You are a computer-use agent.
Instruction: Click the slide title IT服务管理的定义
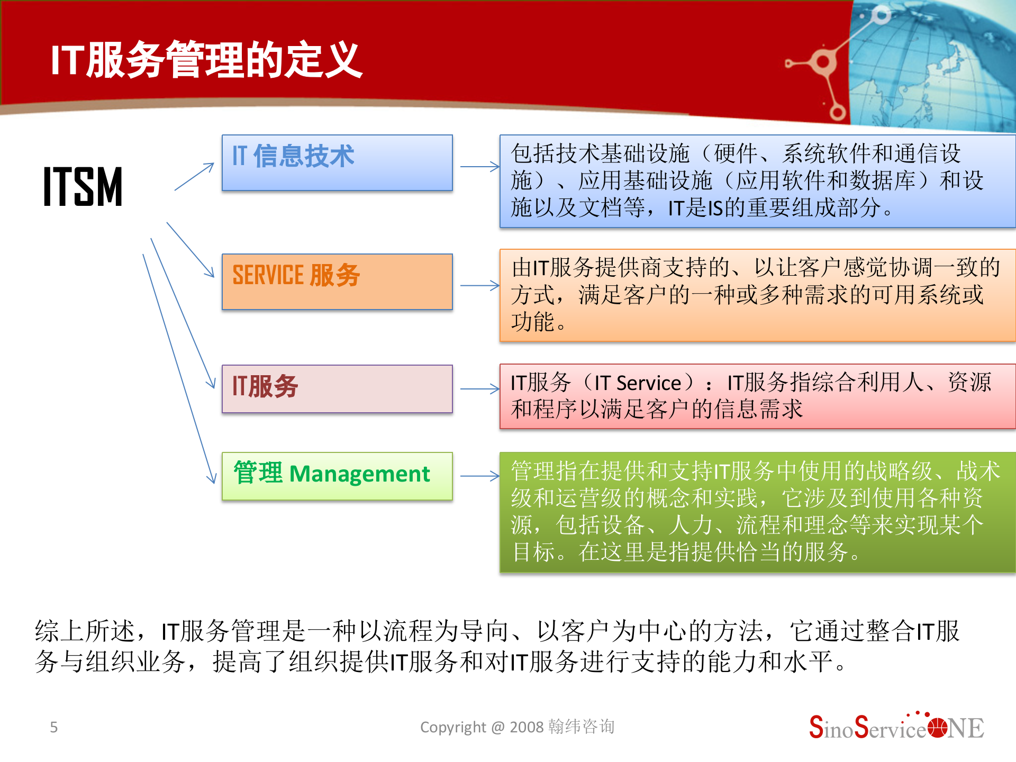coord(206,60)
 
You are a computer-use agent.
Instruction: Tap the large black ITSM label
coord(83,186)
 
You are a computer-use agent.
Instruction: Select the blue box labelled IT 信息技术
coord(337,162)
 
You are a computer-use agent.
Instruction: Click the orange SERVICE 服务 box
coord(337,282)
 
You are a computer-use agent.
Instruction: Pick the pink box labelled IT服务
coord(337,388)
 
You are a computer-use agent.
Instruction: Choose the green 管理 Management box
coord(337,476)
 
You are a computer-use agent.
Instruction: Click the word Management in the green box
coord(360,474)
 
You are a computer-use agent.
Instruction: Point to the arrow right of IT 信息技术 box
coord(479,167)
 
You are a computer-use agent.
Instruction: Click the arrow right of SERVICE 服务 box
coord(479,286)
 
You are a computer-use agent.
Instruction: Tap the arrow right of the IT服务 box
coord(479,389)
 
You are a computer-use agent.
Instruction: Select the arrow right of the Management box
coord(479,476)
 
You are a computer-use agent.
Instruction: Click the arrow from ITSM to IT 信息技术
coord(194,176)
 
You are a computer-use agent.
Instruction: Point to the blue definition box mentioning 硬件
coord(757,181)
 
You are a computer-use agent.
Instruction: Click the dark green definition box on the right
coord(757,512)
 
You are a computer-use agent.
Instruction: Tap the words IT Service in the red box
coord(638,383)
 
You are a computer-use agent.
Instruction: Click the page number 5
coord(53,727)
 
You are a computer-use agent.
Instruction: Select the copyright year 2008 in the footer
coord(527,727)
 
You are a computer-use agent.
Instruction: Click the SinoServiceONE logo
coord(896,728)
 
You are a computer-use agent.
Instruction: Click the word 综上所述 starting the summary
coord(85,631)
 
